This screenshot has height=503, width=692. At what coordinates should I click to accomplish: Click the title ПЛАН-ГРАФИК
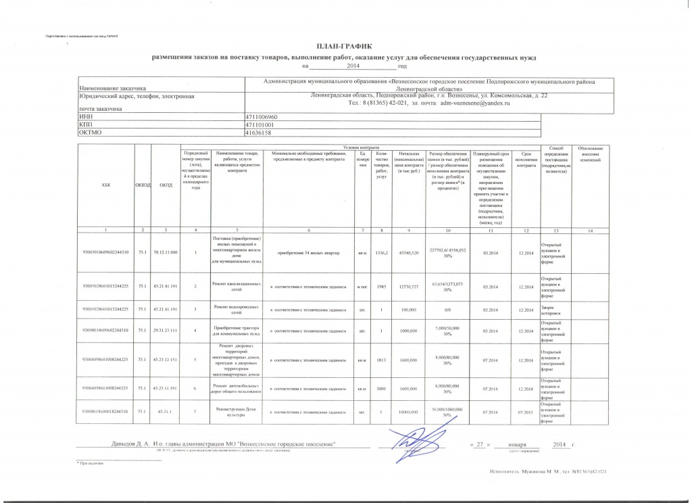coord(345,46)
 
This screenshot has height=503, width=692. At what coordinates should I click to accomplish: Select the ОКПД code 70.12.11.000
coord(166,253)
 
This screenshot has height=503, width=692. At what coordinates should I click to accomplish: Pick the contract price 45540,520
coord(409,253)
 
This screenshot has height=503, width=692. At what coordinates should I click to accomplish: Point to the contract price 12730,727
coord(409,287)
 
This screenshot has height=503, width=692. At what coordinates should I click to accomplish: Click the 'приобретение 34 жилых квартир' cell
coord(307,253)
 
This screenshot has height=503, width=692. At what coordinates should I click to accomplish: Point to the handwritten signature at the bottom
coord(405,442)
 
